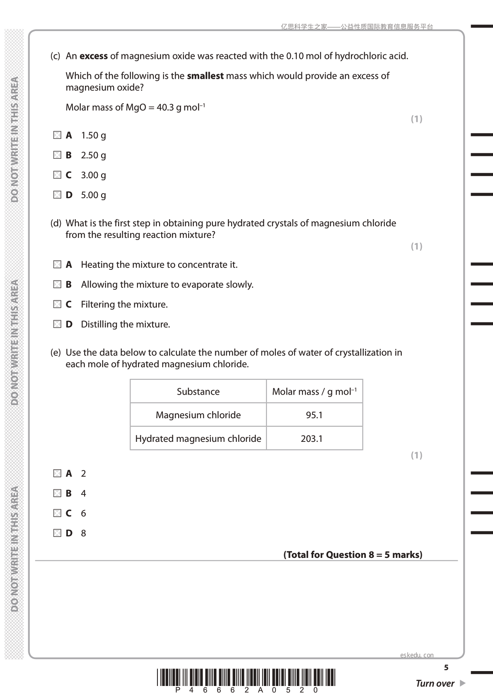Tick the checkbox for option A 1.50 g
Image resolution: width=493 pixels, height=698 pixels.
[57, 135]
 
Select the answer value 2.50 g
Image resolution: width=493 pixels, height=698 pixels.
[93, 155]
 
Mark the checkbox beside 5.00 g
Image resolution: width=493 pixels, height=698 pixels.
[57, 195]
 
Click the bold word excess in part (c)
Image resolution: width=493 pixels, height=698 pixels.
[94, 56]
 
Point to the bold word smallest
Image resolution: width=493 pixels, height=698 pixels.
[205, 76]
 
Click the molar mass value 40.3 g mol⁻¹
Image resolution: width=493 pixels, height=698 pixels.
[181, 108]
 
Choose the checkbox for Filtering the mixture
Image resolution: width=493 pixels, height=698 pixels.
[57, 304]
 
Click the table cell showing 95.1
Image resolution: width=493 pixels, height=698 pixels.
[314, 415]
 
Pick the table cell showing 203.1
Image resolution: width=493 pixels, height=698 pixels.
[312, 439]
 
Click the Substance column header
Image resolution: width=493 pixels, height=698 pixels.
[198, 392]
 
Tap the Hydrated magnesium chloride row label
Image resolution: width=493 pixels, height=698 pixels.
[198, 439]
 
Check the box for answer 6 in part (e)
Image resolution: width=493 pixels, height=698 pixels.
[57, 513]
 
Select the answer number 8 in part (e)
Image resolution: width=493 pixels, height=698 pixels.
[83, 533]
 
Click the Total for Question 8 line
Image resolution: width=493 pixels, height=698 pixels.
[353, 555]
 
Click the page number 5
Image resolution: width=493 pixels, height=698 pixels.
[446, 668]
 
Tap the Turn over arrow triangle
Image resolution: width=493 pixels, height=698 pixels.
[463, 683]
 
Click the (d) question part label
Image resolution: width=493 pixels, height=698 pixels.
[56, 223]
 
